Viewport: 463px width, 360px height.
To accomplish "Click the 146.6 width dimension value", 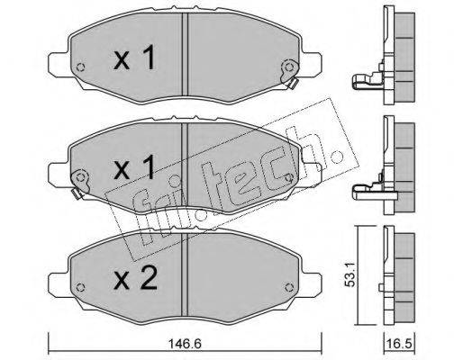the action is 185,344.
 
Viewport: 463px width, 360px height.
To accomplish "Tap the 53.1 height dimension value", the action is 350,274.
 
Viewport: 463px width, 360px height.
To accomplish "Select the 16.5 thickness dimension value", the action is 400,344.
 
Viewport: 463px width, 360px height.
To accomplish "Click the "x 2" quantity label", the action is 135,278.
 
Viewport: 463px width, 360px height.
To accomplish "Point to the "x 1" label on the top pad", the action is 135,58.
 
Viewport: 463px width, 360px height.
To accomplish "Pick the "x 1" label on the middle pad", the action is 135,167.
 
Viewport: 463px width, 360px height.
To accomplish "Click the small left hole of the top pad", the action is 80,67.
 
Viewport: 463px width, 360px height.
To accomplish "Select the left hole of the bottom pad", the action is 80,287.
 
